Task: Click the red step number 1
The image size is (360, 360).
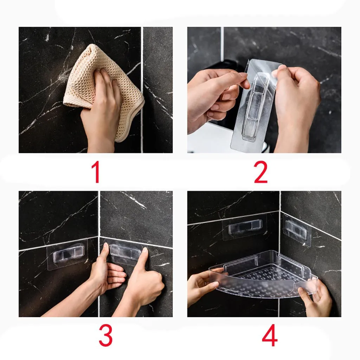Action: tap(96, 172)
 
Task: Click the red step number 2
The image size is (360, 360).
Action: tap(261, 172)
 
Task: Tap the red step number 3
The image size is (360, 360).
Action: tap(105, 336)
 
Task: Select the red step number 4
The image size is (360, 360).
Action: tap(270, 336)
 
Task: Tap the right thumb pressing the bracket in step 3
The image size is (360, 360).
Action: tap(144, 255)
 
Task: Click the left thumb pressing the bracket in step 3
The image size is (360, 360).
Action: tap(105, 252)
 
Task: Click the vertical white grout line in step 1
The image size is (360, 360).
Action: tap(142, 90)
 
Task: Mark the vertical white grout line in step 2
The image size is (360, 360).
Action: tap(222, 46)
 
